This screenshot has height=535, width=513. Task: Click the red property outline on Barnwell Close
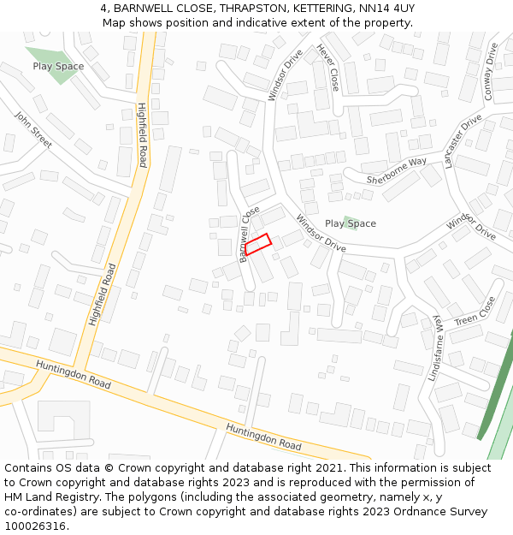257,244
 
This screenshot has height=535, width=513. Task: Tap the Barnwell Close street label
250,234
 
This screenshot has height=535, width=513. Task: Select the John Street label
33,129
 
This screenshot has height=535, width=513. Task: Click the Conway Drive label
491,72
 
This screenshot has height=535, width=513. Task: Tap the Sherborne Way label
396,170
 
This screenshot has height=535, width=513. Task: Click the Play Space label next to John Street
58,66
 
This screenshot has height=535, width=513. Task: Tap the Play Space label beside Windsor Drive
350,223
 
